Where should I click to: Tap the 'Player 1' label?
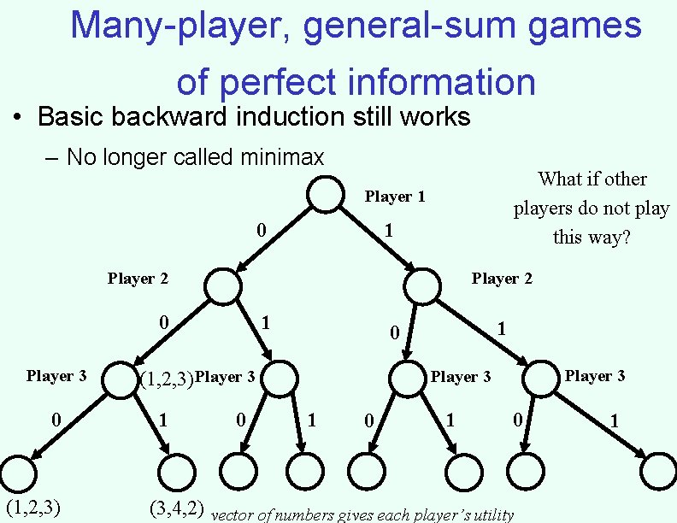[x=395, y=197]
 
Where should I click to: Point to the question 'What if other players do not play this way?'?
[x=592, y=208]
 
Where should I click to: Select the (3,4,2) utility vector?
[x=176, y=509]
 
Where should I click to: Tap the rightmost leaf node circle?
[x=660, y=470]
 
